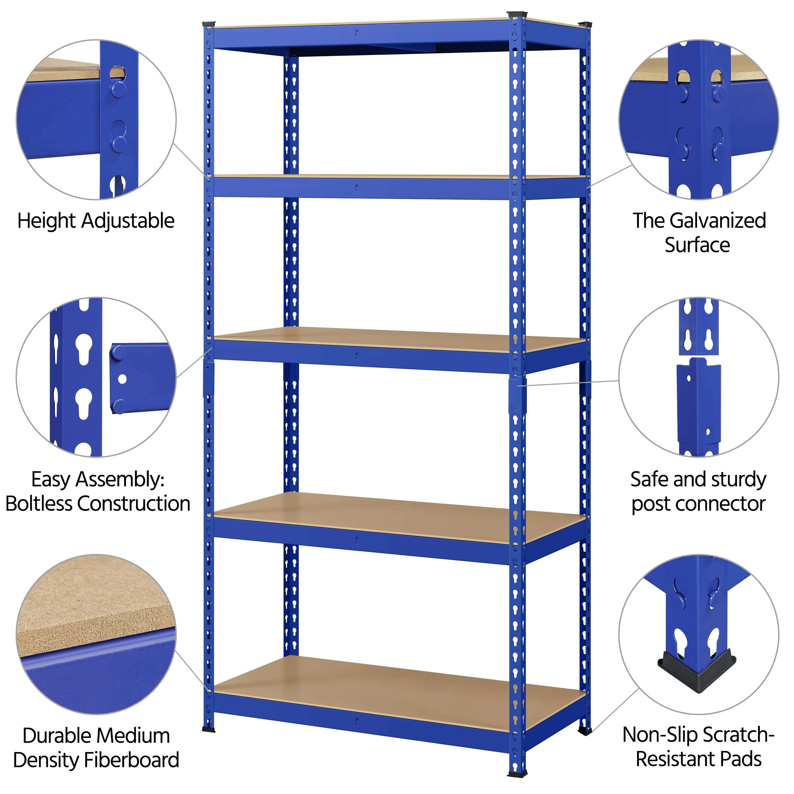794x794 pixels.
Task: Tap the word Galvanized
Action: [x=718, y=221]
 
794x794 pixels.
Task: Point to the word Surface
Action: [x=697, y=245]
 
